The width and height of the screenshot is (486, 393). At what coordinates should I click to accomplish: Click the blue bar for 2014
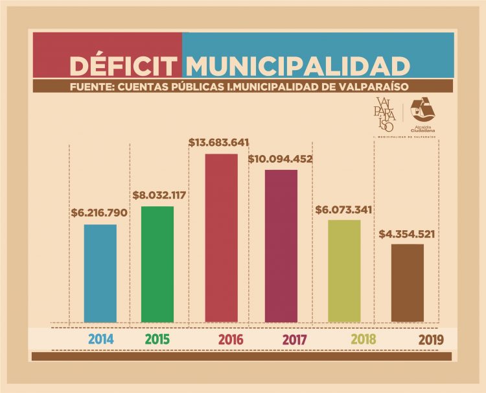click(100, 273)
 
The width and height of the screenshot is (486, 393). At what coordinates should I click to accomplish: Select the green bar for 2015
click(157, 264)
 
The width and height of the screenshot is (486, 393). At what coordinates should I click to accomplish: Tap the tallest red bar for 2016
click(222, 238)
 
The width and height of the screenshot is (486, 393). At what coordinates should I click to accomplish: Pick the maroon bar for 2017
click(281, 246)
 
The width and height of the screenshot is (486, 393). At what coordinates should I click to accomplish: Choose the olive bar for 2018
click(344, 271)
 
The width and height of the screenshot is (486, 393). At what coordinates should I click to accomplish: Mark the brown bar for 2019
click(408, 283)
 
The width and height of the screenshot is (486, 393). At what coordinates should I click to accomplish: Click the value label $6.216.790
click(99, 213)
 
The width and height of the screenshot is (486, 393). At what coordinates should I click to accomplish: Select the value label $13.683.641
click(219, 142)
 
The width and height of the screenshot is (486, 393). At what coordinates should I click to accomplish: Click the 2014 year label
click(100, 339)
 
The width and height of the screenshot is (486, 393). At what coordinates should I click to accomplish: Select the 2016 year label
click(230, 339)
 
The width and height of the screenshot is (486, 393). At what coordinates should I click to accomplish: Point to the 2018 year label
click(363, 339)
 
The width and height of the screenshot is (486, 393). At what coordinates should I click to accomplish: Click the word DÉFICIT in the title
click(123, 66)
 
